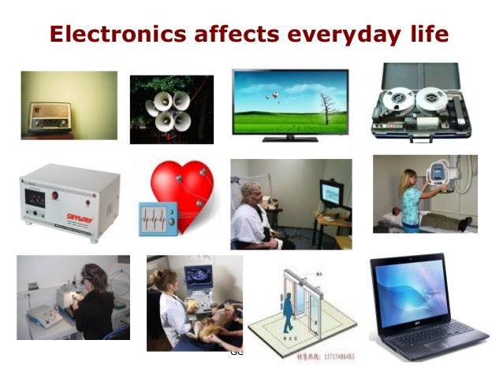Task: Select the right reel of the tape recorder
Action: click(433, 99)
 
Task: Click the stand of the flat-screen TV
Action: click(289, 139)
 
